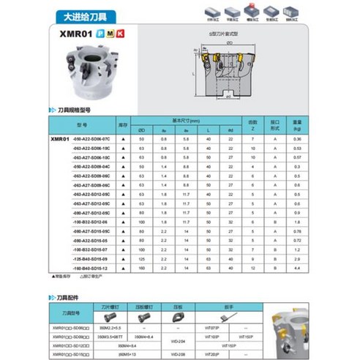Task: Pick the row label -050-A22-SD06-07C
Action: coord(91,138)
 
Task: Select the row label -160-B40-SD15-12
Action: coord(91,268)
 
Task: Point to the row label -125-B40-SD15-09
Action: coord(91,259)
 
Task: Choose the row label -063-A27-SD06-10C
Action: coord(91,157)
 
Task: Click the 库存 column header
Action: coord(124,124)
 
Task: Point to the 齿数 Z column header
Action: coord(252,124)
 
